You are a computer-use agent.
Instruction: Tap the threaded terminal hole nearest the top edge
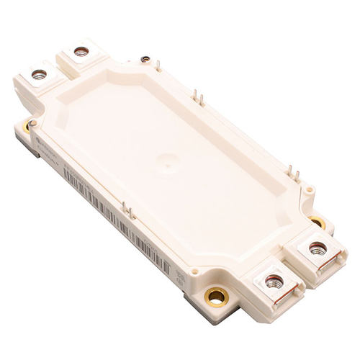click(81, 51)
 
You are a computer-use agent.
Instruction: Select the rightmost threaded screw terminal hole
click(318, 248)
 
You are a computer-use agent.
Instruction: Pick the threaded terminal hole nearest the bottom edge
click(274, 282)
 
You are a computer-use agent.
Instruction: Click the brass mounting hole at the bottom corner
click(216, 295)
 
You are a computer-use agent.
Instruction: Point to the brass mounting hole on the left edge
click(27, 126)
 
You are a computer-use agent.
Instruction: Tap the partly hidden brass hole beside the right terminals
click(317, 221)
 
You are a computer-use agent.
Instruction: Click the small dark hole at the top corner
click(145, 59)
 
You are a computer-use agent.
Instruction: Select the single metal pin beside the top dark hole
click(158, 66)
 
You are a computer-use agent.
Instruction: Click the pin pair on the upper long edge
click(198, 97)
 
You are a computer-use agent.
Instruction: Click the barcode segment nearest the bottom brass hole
click(155, 256)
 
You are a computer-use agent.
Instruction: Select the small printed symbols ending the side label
click(181, 276)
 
